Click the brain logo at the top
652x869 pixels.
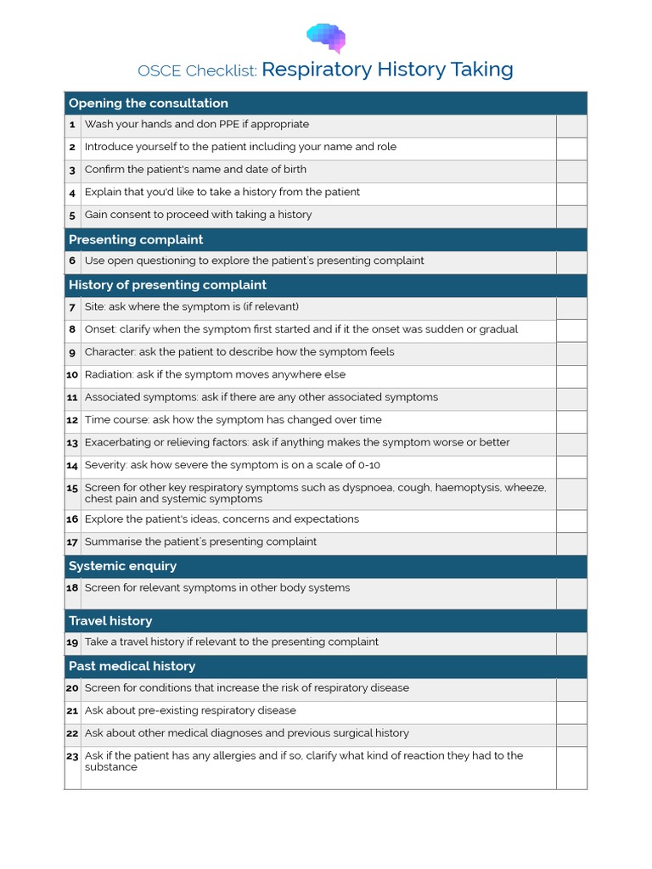click(326, 37)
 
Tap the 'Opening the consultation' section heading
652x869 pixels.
click(148, 104)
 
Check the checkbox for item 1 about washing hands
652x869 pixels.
click(571, 126)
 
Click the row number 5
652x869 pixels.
click(72, 216)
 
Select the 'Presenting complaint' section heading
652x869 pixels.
click(136, 240)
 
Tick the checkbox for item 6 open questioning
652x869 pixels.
click(571, 262)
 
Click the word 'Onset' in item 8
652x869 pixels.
click(100, 329)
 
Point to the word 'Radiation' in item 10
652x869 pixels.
click(109, 374)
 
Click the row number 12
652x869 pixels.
click(72, 420)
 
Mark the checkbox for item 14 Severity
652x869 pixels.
click(571, 467)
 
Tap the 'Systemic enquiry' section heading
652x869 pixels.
click(122, 566)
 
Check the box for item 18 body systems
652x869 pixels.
click(571, 593)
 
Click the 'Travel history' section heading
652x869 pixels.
click(110, 621)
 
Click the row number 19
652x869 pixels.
click(72, 643)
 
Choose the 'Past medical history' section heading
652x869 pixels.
click(132, 666)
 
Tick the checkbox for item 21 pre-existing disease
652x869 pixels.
click(571, 712)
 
